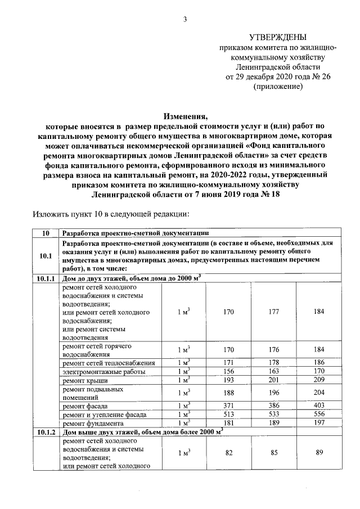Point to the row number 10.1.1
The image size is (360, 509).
pyautogui.click(x=46, y=278)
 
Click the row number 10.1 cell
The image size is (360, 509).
pyautogui.click(x=46, y=257)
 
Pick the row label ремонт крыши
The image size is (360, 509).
pyautogui.click(x=82, y=381)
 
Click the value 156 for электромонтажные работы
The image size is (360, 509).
pyautogui.click(x=228, y=372)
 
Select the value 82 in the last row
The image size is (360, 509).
pyautogui.click(x=228, y=452)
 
